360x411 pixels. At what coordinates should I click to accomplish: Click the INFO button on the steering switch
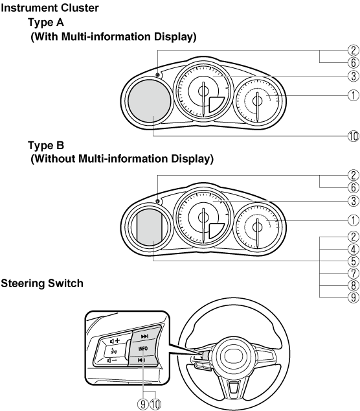(x=143, y=348)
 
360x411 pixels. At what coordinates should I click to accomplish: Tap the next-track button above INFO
(x=144, y=336)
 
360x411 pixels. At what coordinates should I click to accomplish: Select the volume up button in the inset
(x=115, y=341)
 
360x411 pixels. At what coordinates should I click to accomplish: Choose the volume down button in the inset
(x=113, y=360)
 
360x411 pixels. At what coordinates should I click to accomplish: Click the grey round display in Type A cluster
(x=149, y=101)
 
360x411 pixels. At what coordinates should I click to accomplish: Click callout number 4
(x=353, y=249)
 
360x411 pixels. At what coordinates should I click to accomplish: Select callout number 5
(x=353, y=261)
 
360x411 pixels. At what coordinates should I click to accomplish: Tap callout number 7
(x=353, y=274)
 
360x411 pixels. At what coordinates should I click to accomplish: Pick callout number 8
(x=353, y=285)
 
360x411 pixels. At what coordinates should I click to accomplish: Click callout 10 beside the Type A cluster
(x=353, y=136)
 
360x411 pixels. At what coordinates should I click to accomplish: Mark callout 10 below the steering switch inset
(x=155, y=404)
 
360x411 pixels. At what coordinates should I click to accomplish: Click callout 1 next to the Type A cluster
(x=353, y=95)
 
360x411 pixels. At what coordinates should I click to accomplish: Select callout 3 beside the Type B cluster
(x=353, y=201)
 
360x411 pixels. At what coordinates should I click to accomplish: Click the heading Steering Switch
(x=42, y=283)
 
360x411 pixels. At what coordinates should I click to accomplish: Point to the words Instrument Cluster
(x=49, y=8)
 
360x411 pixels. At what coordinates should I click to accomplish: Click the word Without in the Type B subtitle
(x=54, y=159)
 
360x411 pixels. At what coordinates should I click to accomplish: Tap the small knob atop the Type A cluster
(x=157, y=75)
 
